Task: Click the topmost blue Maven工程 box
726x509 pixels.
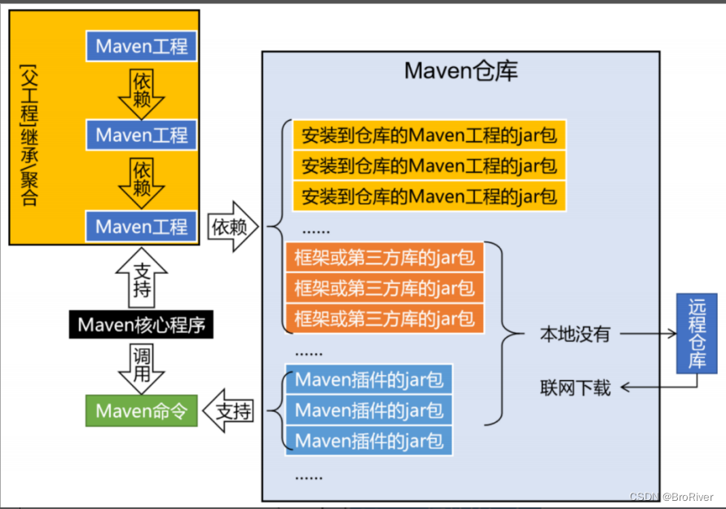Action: (x=142, y=46)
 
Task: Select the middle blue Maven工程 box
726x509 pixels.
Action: (x=142, y=135)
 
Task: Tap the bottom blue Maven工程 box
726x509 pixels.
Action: (x=142, y=226)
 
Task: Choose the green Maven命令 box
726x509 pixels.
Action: (x=141, y=410)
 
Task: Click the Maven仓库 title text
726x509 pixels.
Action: (x=460, y=72)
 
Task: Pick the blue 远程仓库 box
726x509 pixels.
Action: (x=696, y=334)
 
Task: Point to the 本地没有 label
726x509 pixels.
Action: (x=574, y=334)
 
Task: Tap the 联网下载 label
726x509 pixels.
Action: (x=574, y=387)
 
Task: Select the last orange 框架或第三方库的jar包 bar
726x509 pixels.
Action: (x=384, y=316)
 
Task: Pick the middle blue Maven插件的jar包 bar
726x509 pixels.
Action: (x=368, y=409)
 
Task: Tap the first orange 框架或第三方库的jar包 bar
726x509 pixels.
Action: (x=384, y=259)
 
